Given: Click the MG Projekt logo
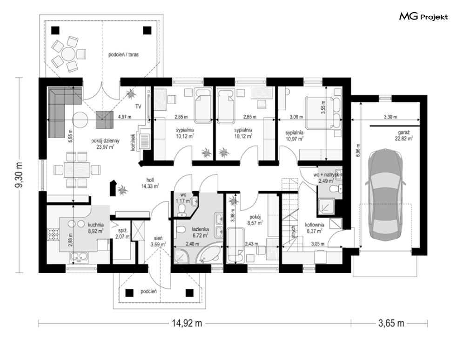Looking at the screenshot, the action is (x=423, y=17).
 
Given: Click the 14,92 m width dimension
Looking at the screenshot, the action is (x=187, y=323).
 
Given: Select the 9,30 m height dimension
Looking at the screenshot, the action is (x=20, y=175).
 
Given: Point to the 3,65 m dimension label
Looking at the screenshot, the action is (x=391, y=323).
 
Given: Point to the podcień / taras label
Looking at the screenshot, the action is (x=123, y=54).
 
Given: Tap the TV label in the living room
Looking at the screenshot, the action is (x=138, y=107).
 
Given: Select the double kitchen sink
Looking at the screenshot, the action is (x=79, y=258).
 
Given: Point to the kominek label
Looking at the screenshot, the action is (x=133, y=143).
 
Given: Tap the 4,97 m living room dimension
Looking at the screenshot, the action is (x=125, y=117).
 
